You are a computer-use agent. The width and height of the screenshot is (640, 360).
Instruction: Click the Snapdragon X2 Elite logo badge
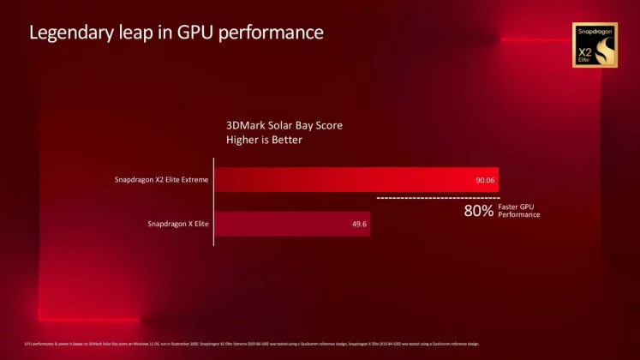tap(595, 45)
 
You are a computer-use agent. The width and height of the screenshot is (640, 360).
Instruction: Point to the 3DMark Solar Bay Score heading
tap(284, 125)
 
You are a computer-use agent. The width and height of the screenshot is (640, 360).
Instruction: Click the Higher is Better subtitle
tap(264, 140)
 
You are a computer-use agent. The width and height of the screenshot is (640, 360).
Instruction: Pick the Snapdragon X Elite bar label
tap(178, 225)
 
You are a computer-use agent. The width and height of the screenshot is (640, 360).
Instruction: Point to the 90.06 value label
tap(485, 181)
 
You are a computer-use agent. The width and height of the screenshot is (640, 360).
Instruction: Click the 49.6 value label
tap(358, 225)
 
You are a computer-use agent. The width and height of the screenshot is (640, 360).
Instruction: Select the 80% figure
tap(478, 211)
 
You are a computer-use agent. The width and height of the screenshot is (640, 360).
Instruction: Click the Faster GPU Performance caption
tap(519, 211)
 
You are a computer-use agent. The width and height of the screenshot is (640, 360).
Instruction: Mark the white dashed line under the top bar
tap(437, 198)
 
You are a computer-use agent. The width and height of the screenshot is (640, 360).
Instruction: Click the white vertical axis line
tap(213, 201)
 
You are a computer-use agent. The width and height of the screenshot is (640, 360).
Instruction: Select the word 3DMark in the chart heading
tap(245, 125)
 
